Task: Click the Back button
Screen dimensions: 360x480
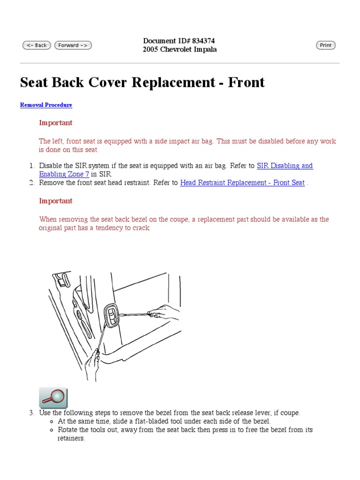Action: [37, 45]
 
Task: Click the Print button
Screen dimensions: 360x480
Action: [326, 45]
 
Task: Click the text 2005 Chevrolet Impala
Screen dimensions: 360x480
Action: [180, 50]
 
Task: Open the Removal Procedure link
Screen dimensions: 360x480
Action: [46, 105]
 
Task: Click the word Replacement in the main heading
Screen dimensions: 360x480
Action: [173, 82]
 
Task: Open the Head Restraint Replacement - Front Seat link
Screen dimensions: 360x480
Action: [242, 183]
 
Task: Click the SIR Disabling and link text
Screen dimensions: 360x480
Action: [285, 166]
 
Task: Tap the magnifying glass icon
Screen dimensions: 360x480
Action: [53, 397]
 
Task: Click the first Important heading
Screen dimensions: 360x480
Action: [56, 123]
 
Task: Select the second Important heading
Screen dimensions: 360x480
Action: [56, 201]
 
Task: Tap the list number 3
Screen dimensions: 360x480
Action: [31, 413]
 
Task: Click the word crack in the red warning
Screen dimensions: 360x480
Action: [141, 228]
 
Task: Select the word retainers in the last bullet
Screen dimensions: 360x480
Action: [67, 439]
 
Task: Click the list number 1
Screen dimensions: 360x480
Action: [31, 166]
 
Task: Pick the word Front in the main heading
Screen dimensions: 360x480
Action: [246, 82]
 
